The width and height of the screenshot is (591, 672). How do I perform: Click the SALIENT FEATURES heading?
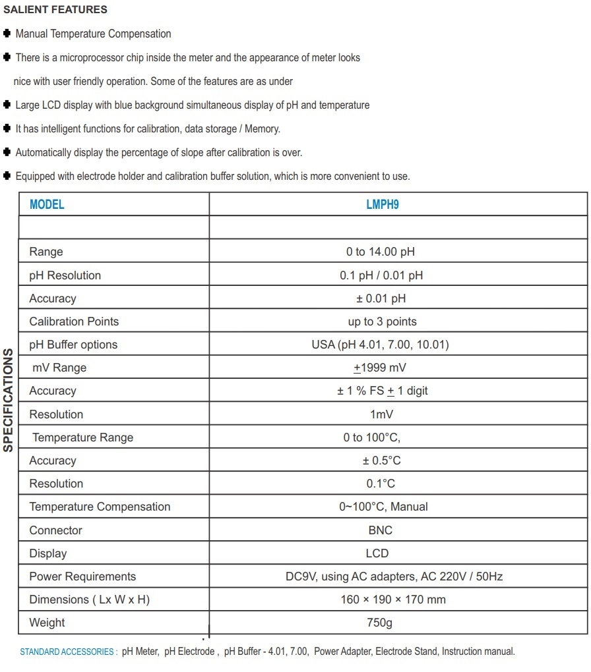point(55,10)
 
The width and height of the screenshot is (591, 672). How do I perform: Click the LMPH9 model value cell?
point(383,204)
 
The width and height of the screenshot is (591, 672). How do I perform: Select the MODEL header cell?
point(47,204)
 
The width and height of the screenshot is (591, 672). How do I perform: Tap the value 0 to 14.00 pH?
point(381,252)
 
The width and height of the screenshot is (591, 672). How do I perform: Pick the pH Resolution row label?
point(65,275)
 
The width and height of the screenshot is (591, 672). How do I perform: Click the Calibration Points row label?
point(74,322)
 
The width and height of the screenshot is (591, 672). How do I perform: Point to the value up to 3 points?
point(382,322)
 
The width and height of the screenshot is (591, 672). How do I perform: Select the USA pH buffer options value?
point(380,345)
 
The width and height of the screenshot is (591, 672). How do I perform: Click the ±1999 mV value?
point(380,368)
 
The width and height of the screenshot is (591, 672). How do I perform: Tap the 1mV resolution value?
point(382,414)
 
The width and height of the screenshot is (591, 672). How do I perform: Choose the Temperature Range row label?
point(82,437)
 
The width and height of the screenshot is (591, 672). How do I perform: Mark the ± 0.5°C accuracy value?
point(378,461)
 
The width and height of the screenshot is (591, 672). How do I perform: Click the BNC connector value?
point(381,530)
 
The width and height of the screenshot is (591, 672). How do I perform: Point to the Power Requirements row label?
point(82,576)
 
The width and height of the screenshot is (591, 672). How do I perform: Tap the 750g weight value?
point(381,623)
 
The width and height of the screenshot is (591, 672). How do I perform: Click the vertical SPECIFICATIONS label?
point(9,400)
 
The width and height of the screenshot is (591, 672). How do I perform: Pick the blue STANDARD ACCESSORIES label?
point(68,652)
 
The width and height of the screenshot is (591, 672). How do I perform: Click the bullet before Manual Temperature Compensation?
point(7,34)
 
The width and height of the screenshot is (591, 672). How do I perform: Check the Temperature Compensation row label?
point(100,507)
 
